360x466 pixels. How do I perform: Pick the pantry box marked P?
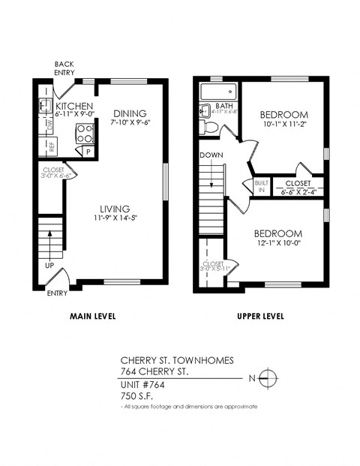(88, 151)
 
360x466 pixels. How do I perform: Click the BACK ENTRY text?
(64, 68)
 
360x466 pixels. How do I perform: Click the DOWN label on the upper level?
(211, 155)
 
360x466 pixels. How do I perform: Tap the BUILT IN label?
(261, 186)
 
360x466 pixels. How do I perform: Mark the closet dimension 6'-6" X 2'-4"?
(298, 192)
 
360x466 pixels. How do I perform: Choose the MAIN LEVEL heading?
(92, 316)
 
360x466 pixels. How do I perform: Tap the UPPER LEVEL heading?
(260, 316)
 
